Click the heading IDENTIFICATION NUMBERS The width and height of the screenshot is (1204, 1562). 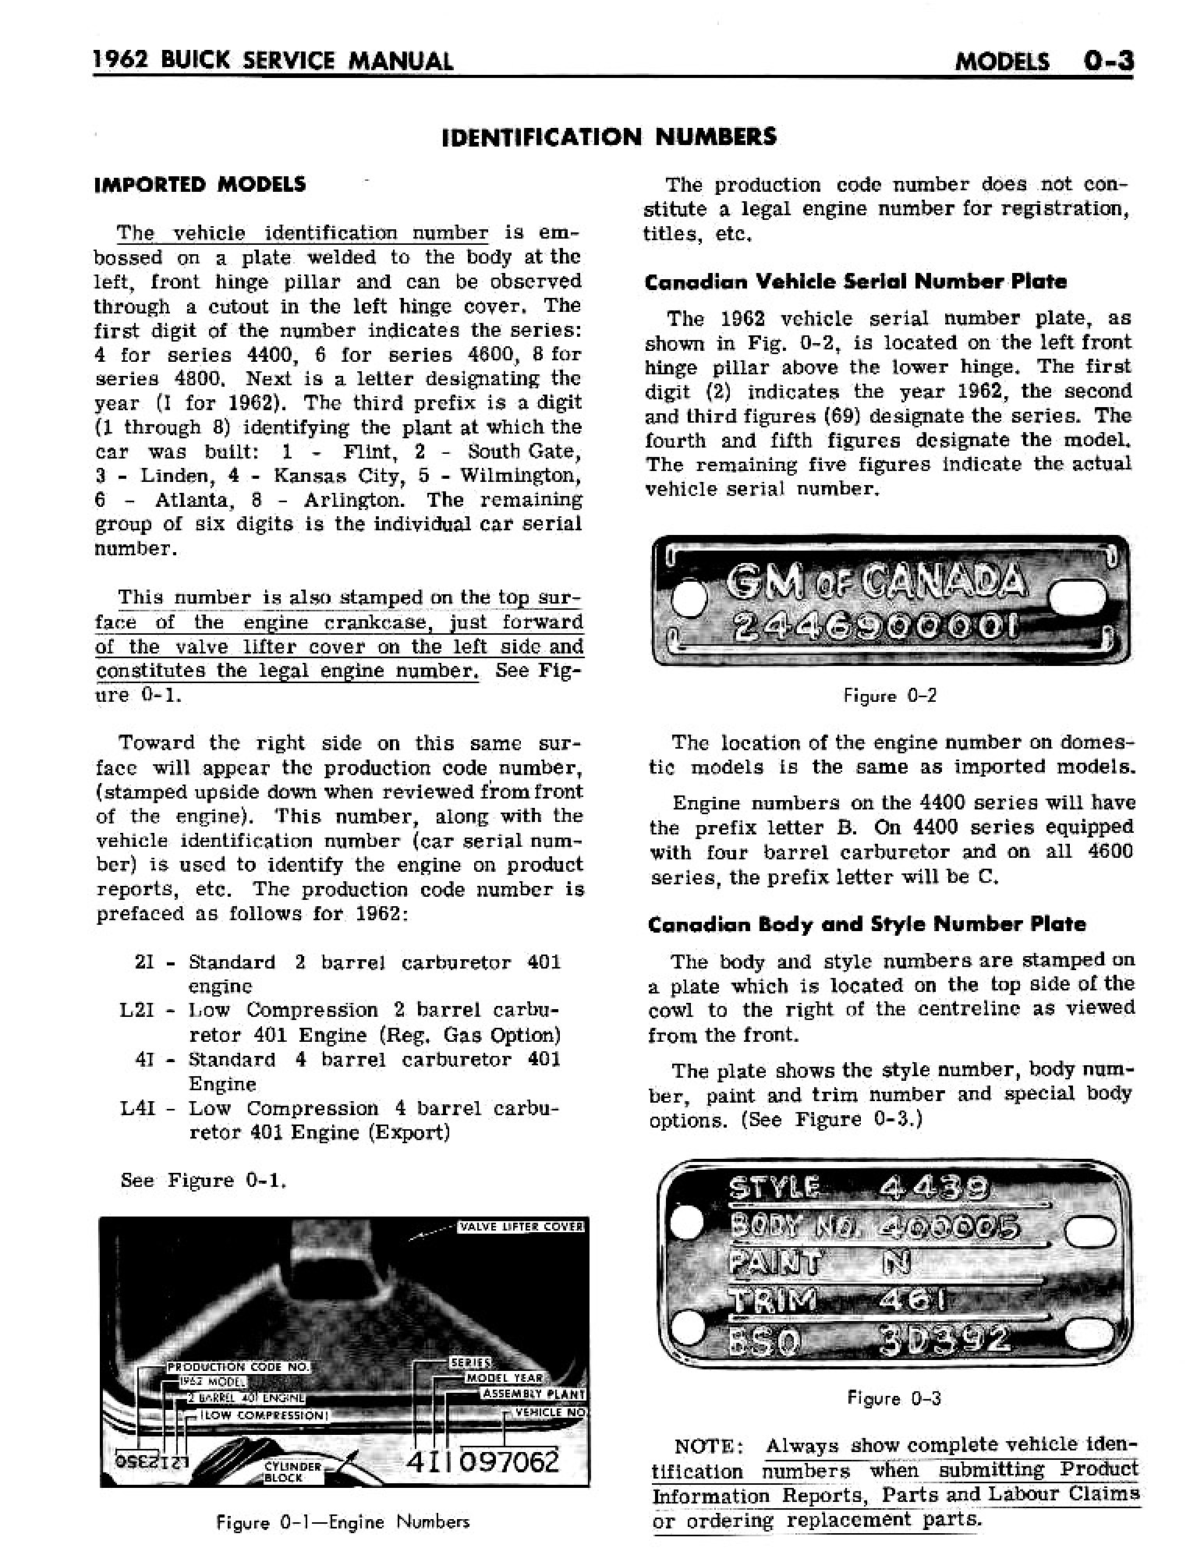[x=608, y=137]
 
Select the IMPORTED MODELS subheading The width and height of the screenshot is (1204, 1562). [x=200, y=185]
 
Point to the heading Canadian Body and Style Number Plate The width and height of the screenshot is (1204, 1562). [x=866, y=924]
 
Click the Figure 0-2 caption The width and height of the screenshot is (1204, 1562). [x=890, y=696]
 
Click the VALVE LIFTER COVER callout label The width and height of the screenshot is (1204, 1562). [x=522, y=1227]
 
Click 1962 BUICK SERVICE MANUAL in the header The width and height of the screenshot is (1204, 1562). [x=273, y=60]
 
